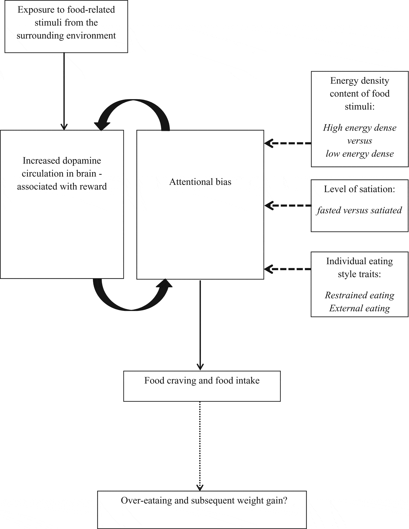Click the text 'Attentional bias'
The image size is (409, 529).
200,182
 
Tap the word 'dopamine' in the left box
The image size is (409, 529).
82,161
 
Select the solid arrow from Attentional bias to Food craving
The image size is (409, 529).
200,324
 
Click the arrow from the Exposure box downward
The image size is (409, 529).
64,91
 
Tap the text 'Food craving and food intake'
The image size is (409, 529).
202,381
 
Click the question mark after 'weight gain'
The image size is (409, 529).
285,500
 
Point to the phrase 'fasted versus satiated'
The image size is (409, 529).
359,210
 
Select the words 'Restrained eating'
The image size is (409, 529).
359,295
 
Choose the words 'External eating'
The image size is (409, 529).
359,308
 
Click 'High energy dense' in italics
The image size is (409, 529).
359,128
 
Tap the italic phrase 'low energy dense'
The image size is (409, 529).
359,154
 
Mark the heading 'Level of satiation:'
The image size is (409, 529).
359,189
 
